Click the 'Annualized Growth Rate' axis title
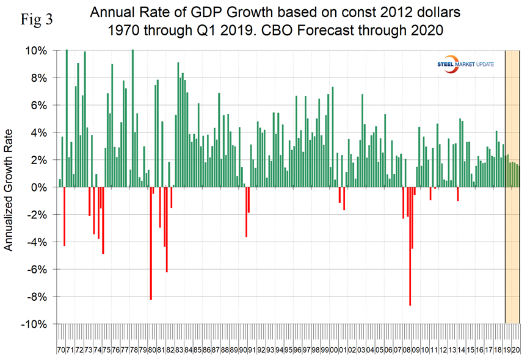point(9,187)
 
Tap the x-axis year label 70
point(61,350)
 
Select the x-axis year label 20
point(515,350)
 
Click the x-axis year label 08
point(407,350)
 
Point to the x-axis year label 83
point(180,350)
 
